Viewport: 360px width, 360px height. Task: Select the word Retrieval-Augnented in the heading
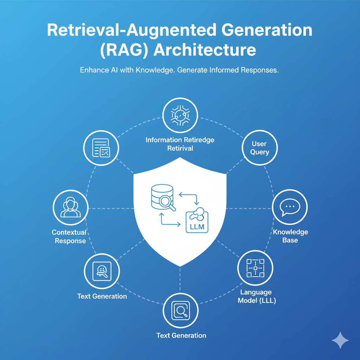pos(131,30)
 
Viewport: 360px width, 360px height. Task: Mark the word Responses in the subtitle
pos(259,70)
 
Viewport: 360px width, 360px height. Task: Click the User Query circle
pos(260,148)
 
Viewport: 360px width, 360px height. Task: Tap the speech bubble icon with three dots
pos(290,207)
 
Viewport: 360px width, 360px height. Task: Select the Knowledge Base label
pos(290,236)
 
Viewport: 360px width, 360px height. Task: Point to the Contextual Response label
pos(69,236)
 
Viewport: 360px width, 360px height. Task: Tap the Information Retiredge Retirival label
pos(180,144)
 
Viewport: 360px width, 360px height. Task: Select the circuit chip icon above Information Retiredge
pos(180,115)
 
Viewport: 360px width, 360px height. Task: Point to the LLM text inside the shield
pos(197,226)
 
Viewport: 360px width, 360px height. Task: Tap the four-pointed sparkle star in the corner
pos(340,340)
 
